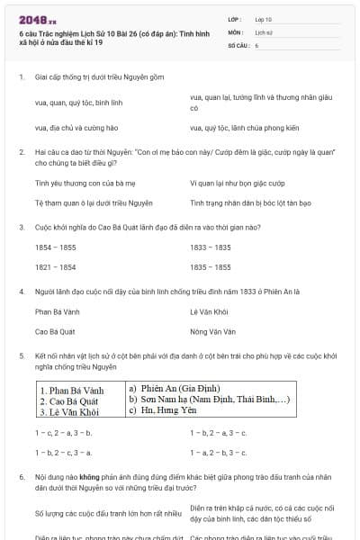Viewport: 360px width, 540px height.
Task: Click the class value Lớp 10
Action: [x=264, y=19]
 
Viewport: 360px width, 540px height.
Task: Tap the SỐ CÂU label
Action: [x=238, y=44]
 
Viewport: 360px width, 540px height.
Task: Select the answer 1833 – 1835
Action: [x=210, y=246]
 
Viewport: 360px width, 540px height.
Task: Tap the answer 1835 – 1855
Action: [x=210, y=267]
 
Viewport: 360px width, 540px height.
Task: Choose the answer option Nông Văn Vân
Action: [x=212, y=331]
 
